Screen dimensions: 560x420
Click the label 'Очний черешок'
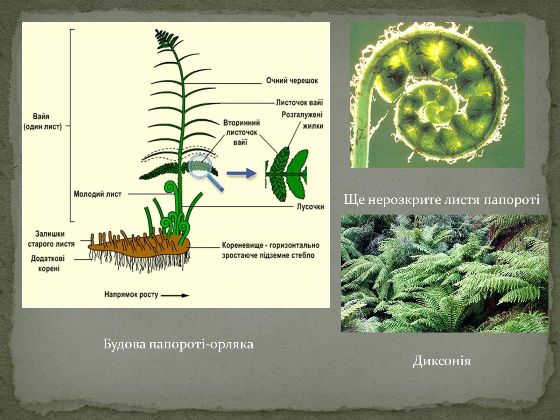292,81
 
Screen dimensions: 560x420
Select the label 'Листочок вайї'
300,103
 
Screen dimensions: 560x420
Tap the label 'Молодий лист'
98,194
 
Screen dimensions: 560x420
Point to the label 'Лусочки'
310,206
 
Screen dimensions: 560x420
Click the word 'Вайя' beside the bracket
41,117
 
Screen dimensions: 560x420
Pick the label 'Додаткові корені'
48,264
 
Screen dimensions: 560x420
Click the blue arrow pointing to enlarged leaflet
241,173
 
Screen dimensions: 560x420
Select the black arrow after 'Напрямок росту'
175,295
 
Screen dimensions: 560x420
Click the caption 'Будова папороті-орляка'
178,344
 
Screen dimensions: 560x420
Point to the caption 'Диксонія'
442,361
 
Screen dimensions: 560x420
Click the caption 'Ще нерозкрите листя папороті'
442,199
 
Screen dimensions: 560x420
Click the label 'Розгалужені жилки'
302,120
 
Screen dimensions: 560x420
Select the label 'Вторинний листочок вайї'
241,132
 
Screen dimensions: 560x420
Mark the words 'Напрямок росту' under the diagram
131,295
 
